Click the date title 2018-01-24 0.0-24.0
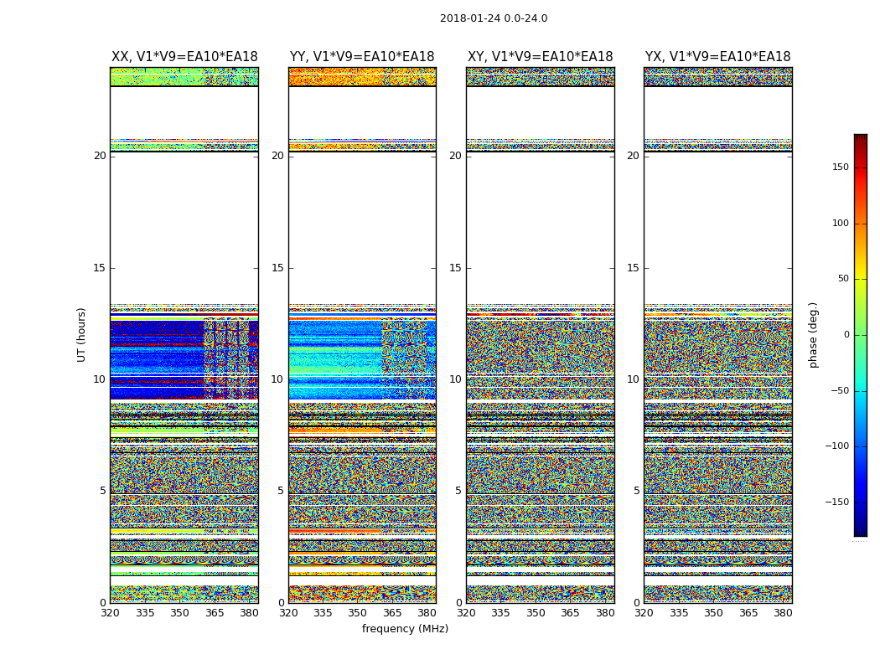494,18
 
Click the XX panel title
184,57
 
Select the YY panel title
362,57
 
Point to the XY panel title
540,57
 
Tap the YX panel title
717,57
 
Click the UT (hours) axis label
82,334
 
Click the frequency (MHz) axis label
405,629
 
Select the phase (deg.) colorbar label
813,334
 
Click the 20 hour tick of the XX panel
100,156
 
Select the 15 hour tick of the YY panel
277,268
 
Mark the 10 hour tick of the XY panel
455,379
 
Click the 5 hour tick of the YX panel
636,491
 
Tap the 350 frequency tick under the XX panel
179,613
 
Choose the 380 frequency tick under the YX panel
783,613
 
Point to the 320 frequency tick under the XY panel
466,613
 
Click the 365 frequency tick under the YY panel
392,613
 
